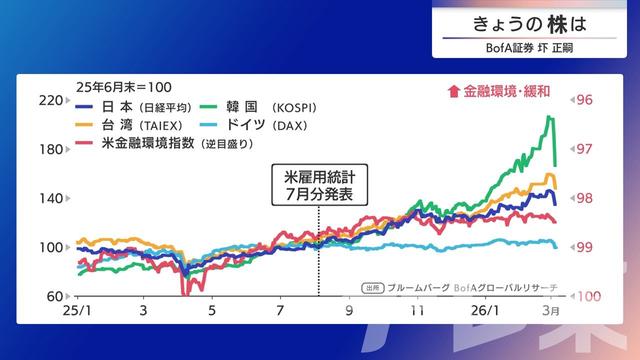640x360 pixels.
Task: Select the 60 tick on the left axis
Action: (x=53, y=296)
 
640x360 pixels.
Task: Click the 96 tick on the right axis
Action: (x=585, y=100)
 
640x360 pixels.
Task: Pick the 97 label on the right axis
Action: (x=585, y=149)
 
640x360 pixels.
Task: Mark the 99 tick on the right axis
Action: (x=585, y=247)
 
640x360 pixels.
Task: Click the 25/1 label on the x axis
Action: (x=76, y=311)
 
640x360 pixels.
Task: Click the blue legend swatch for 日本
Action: (x=86, y=106)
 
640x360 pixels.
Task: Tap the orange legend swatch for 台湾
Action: (x=86, y=125)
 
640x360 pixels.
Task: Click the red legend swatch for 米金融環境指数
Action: (x=86, y=144)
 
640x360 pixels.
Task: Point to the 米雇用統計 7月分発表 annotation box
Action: (x=318, y=185)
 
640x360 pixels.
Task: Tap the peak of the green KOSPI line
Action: (x=549, y=117)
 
